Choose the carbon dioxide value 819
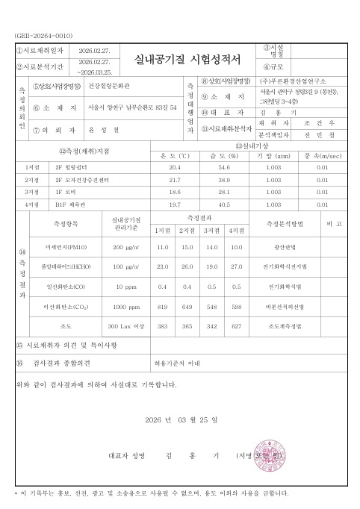coord(162,306)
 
